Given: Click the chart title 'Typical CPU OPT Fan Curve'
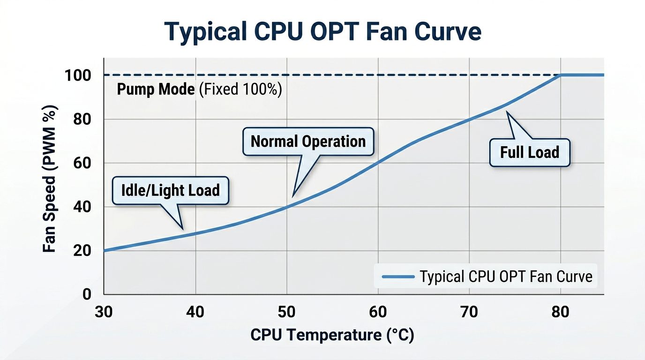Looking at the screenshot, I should (323, 32).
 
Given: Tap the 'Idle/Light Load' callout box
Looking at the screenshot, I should (171, 190).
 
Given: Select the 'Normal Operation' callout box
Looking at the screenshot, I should (308, 141).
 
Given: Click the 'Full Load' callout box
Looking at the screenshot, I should (530, 152).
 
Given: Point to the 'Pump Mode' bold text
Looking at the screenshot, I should (156, 90).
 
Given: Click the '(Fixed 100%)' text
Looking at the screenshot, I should (240, 90).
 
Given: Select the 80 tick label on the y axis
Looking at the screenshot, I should (82, 119).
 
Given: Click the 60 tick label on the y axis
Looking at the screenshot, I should (82, 163).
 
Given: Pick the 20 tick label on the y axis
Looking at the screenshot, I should (82, 251).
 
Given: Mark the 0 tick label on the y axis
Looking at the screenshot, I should (87, 294).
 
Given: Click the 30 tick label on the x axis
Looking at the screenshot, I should (103, 312).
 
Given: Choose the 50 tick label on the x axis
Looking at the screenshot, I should (286, 312).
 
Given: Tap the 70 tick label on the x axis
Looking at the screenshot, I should (469, 312).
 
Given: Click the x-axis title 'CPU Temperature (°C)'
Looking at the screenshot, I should (332, 335).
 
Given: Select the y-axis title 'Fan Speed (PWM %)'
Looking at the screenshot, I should (50, 180).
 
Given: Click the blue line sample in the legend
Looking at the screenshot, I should (398, 277).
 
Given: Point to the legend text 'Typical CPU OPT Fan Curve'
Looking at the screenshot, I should (506, 277).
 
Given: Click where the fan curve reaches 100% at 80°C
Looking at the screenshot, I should (561, 75).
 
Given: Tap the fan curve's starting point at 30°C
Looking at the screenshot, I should (104, 251).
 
